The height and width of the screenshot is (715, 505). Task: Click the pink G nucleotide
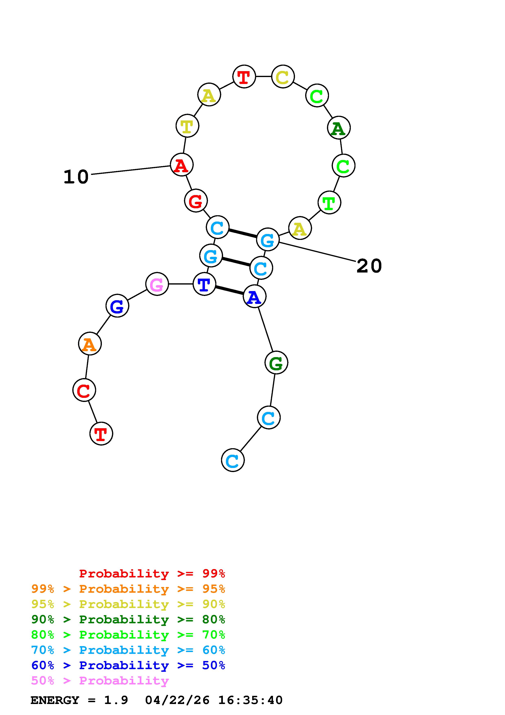coord(157,284)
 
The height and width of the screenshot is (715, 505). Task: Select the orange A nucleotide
coord(90,344)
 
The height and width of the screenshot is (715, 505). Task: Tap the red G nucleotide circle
coord(196,201)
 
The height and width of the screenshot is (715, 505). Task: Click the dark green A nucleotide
coord(339,128)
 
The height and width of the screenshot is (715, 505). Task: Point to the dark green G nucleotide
coord(276,362)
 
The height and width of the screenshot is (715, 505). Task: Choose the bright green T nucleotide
coord(329,203)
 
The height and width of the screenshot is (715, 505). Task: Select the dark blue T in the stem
coord(204,284)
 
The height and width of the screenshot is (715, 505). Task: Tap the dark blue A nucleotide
coord(254,297)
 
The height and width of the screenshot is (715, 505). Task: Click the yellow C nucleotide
coord(283,77)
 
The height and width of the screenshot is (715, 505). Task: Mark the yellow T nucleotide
coord(187,126)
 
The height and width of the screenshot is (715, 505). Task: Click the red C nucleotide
coord(84,390)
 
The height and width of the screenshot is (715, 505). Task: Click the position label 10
coord(76,177)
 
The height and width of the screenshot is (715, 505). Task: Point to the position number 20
coord(369,266)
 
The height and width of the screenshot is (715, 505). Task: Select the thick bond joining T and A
coord(229,290)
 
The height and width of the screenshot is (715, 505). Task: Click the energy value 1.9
coord(116,700)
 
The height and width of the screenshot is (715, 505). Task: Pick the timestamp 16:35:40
coord(250,700)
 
